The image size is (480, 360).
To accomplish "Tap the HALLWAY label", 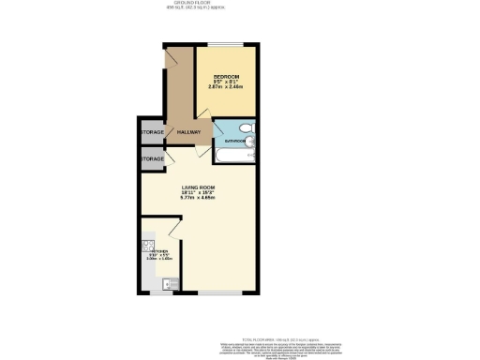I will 188,132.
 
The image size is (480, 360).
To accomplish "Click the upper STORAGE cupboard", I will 152,132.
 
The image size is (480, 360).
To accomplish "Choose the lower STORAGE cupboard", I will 152,160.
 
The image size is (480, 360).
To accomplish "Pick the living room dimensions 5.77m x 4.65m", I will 198,198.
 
